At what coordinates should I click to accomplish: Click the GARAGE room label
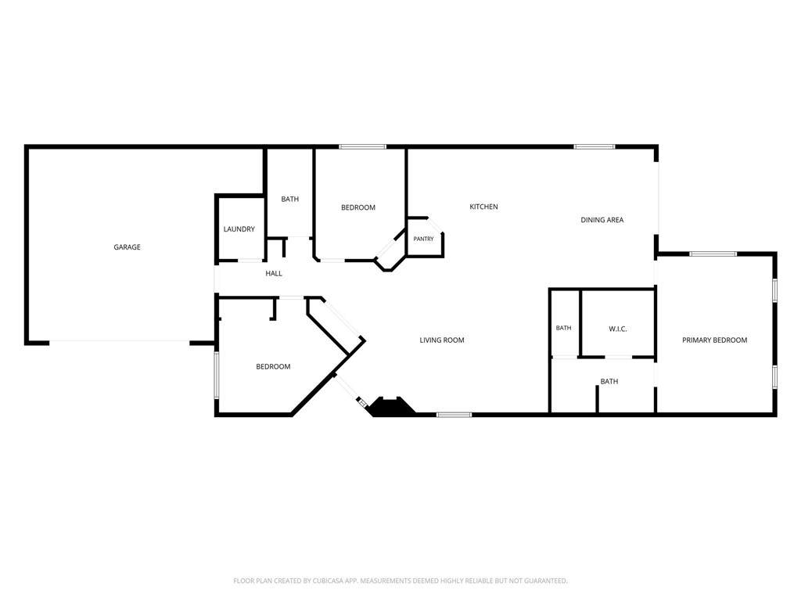pyautogui.click(x=127, y=247)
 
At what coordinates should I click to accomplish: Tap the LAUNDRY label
pyautogui.click(x=239, y=229)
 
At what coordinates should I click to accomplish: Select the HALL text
pyautogui.click(x=274, y=273)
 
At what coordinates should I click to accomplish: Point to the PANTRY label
pyautogui.click(x=423, y=239)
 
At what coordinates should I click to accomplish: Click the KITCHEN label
pyautogui.click(x=483, y=207)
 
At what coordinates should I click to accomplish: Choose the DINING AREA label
pyautogui.click(x=602, y=220)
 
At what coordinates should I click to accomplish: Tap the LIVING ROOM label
pyautogui.click(x=442, y=340)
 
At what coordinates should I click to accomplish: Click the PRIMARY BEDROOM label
pyautogui.click(x=715, y=340)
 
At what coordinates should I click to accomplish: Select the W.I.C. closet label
pyautogui.click(x=618, y=329)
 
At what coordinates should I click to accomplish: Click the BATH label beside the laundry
pyautogui.click(x=289, y=199)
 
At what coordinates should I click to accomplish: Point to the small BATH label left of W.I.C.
pyautogui.click(x=563, y=328)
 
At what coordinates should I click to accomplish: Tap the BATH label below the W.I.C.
pyautogui.click(x=609, y=381)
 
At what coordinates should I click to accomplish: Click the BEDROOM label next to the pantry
pyautogui.click(x=358, y=207)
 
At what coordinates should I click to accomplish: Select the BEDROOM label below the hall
pyautogui.click(x=273, y=366)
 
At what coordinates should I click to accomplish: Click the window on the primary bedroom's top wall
pyautogui.click(x=713, y=254)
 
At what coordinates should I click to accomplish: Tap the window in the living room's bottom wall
pyautogui.click(x=454, y=415)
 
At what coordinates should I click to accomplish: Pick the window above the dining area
pyautogui.click(x=594, y=146)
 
